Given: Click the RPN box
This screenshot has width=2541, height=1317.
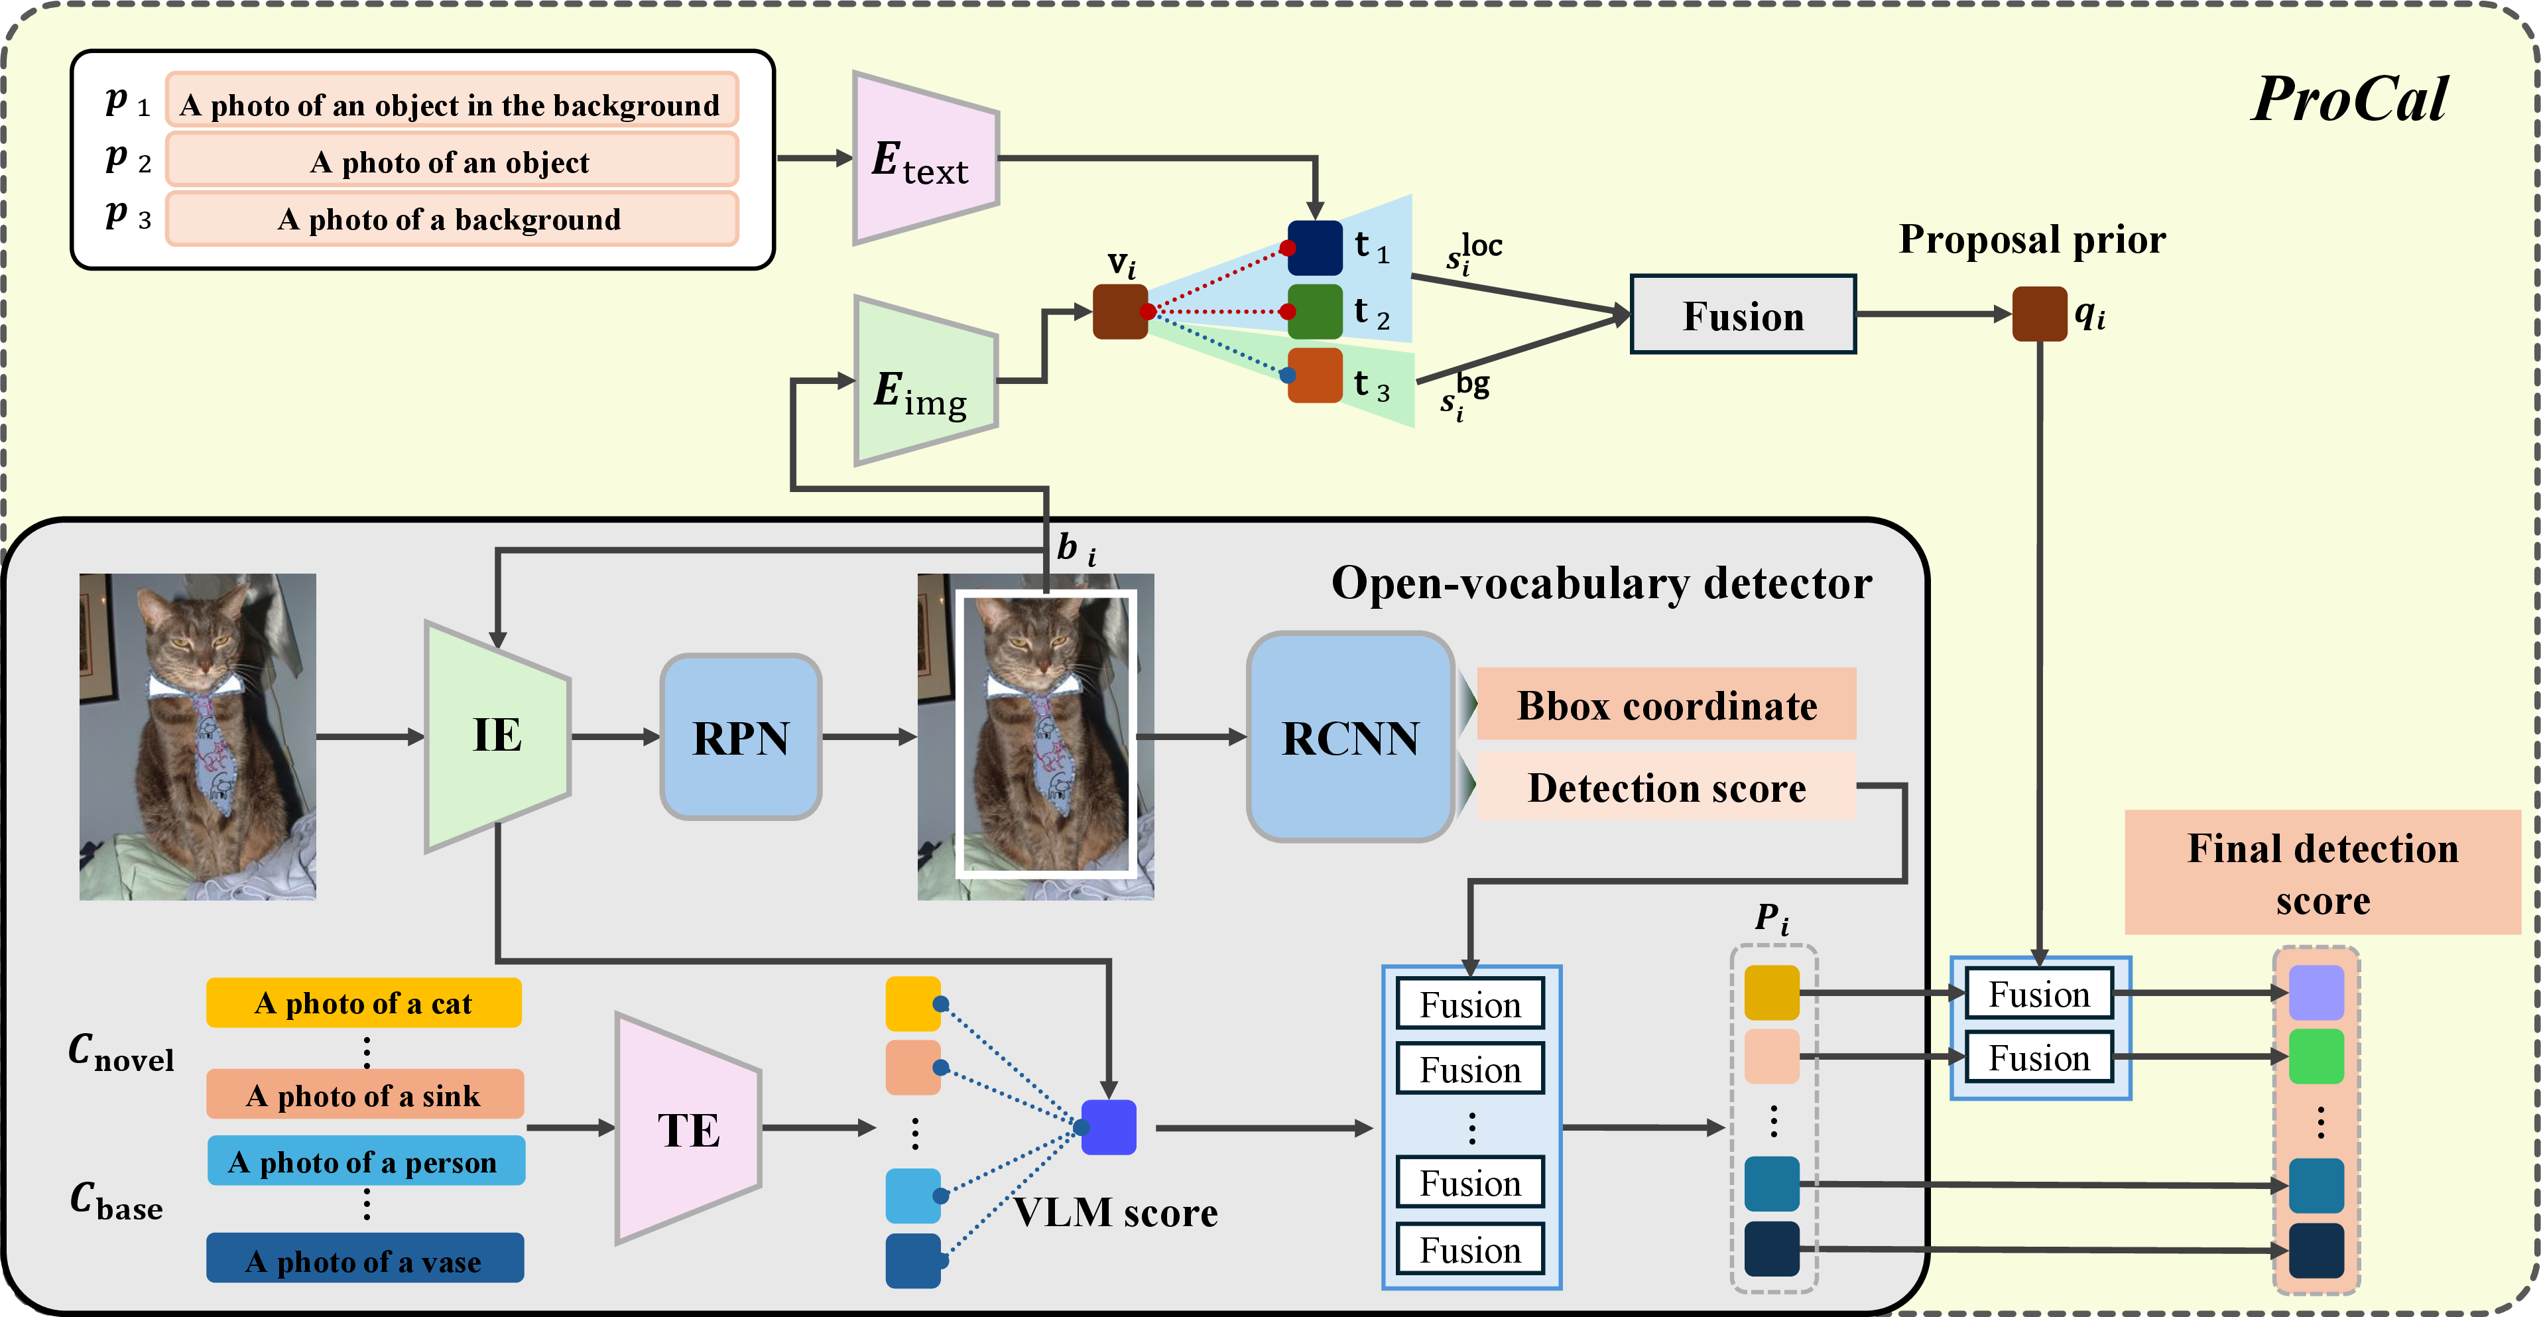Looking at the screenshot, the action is pos(741,737).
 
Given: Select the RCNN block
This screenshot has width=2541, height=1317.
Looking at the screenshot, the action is pos(1350,737).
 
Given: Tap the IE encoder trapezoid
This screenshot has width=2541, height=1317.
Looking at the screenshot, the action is pos(497,736).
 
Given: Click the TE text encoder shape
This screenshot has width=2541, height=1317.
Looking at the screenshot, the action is pos(688,1129).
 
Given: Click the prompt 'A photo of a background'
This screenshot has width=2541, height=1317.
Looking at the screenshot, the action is pos(452,219).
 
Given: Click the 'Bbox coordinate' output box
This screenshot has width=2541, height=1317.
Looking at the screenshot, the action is pos(1666,704).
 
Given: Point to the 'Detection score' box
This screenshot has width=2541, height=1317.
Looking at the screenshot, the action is pos(1666,786).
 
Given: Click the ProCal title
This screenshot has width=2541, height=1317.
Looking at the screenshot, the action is pos(2349,99).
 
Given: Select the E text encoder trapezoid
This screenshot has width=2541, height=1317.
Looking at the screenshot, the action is pos(925,158).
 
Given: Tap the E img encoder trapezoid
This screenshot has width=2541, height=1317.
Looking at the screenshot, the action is pos(925,381).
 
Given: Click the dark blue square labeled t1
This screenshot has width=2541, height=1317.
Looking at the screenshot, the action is pos(1315,247).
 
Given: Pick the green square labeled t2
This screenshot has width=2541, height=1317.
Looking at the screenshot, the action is pos(1315,312).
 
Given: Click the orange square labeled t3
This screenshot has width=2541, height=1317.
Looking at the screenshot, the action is pos(1315,375).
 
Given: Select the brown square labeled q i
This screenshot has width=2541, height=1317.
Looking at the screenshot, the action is pos(2039,314).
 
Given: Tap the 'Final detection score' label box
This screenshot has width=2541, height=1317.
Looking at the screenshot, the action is pos(2322,872).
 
